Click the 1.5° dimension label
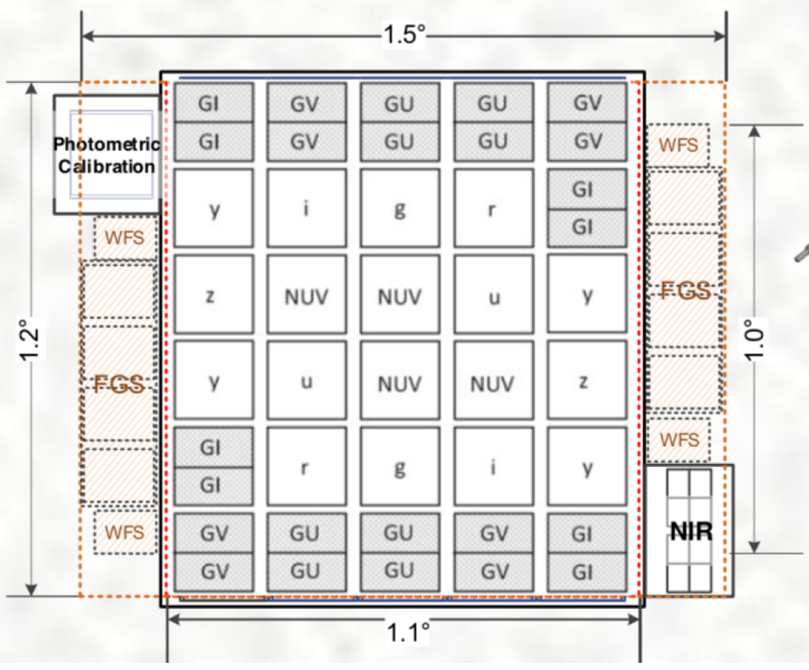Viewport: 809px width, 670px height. click(403, 36)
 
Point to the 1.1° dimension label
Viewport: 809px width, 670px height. click(408, 634)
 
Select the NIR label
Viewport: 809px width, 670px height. click(689, 531)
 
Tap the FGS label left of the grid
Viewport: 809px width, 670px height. click(119, 383)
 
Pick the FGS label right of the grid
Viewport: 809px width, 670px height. click(685, 290)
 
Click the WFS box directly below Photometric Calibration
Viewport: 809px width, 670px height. click(124, 237)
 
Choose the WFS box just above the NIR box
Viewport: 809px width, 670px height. click(678, 440)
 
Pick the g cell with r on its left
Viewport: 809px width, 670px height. click(399, 467)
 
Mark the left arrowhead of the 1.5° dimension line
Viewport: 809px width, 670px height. click(85, 36)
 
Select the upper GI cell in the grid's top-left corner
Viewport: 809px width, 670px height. click(214, 103)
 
